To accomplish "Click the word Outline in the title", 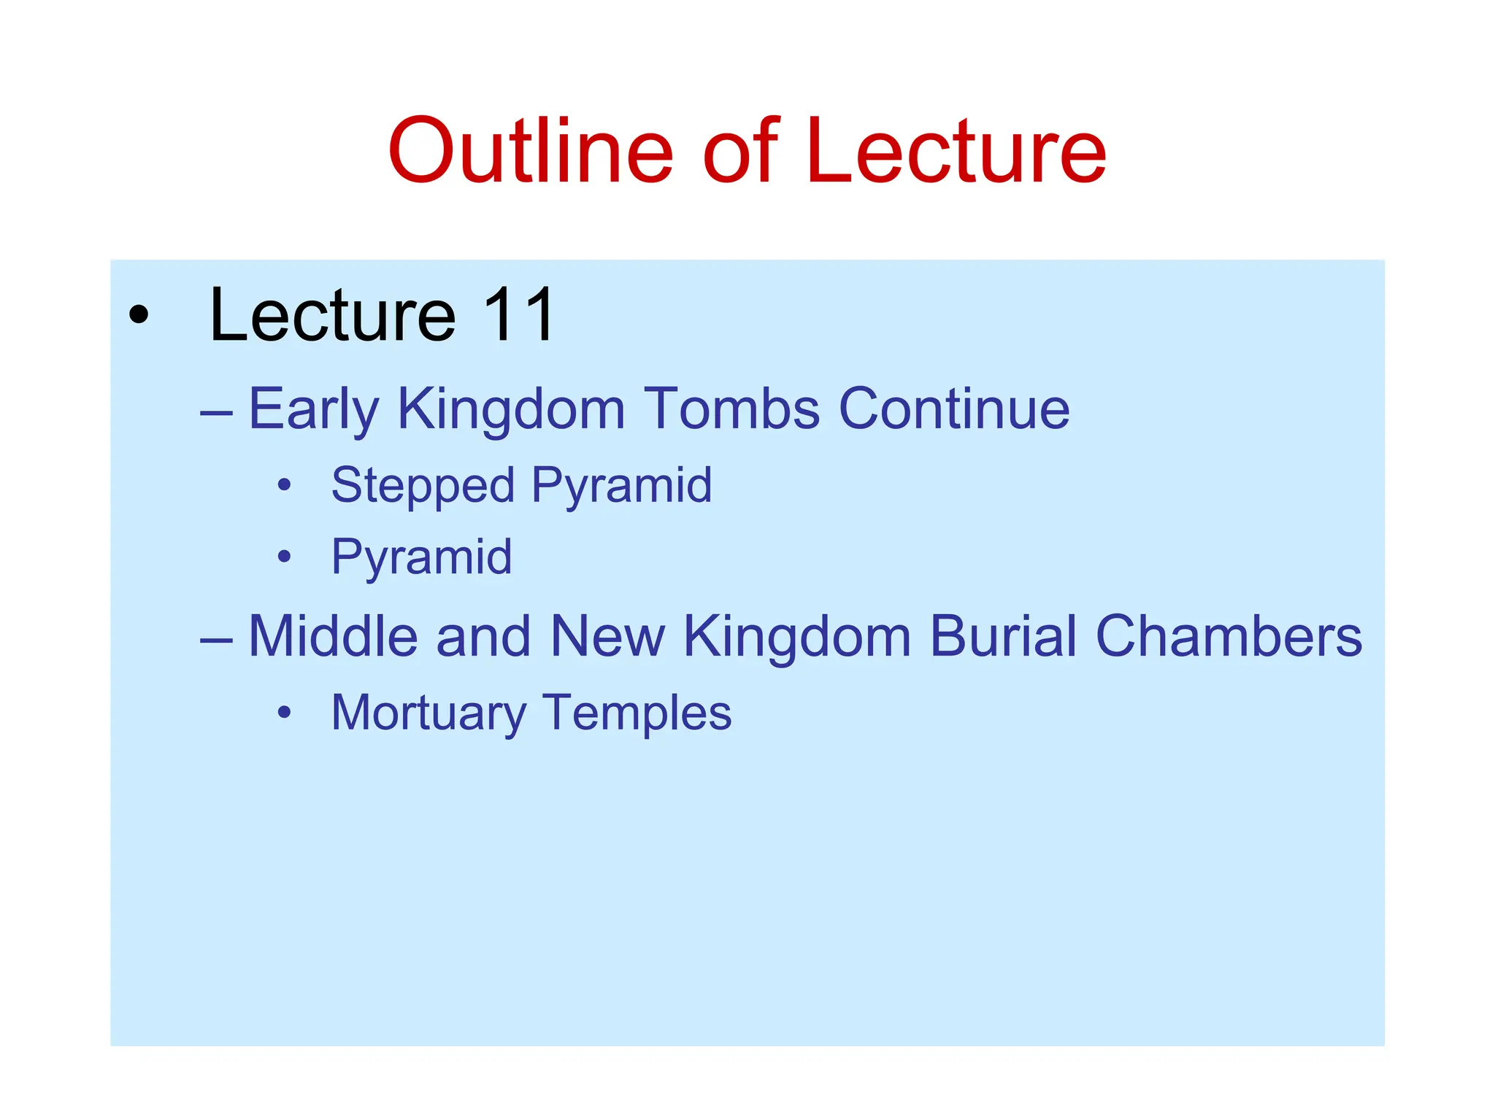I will click(x=530, y=151).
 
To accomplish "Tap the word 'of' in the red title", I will click(x=741, y=151).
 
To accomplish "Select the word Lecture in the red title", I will click(x=956, y=151).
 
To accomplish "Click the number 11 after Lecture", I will click(x=519, y=315).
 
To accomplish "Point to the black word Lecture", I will click(x=333, y=315).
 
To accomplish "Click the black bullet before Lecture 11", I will click(x=138, y=316).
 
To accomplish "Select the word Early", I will click(x=314, y=409).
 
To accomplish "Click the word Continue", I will click(x=954, y=409).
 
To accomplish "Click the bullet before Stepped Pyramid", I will click(x=285, y=485).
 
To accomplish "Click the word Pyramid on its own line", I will click(x=421, y=557).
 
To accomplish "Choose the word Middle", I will click(x=333, y=636).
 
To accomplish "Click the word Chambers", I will click(x=1229, y=636).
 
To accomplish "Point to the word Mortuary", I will click(x=428, y=713).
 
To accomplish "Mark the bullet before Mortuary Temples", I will click(x=285, y=713).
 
